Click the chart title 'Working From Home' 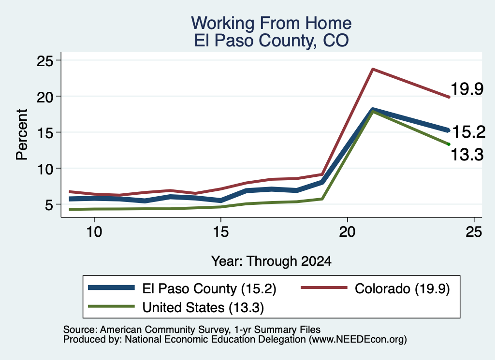click(x=271, y=23)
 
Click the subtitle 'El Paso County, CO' click(x=271, y=41)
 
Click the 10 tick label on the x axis click(x=94, y=232)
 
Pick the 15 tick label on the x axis click(x=220, y=232)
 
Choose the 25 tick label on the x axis click(x=474, y=232)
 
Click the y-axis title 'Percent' click(x=22, y=135)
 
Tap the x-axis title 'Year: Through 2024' click(x=271, y=261)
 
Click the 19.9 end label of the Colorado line click(x=467, y=88)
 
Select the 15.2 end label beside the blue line click(x=469, y=131)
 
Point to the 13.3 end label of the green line click(x=467, y=155)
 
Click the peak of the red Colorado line click(x=373, y=69)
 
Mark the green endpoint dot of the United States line click(x=449, y=144)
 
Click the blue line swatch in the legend click(x=111, y=288)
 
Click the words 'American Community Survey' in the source click(x=164, y=330)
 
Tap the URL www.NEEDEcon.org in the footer click(x=358, y=340)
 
